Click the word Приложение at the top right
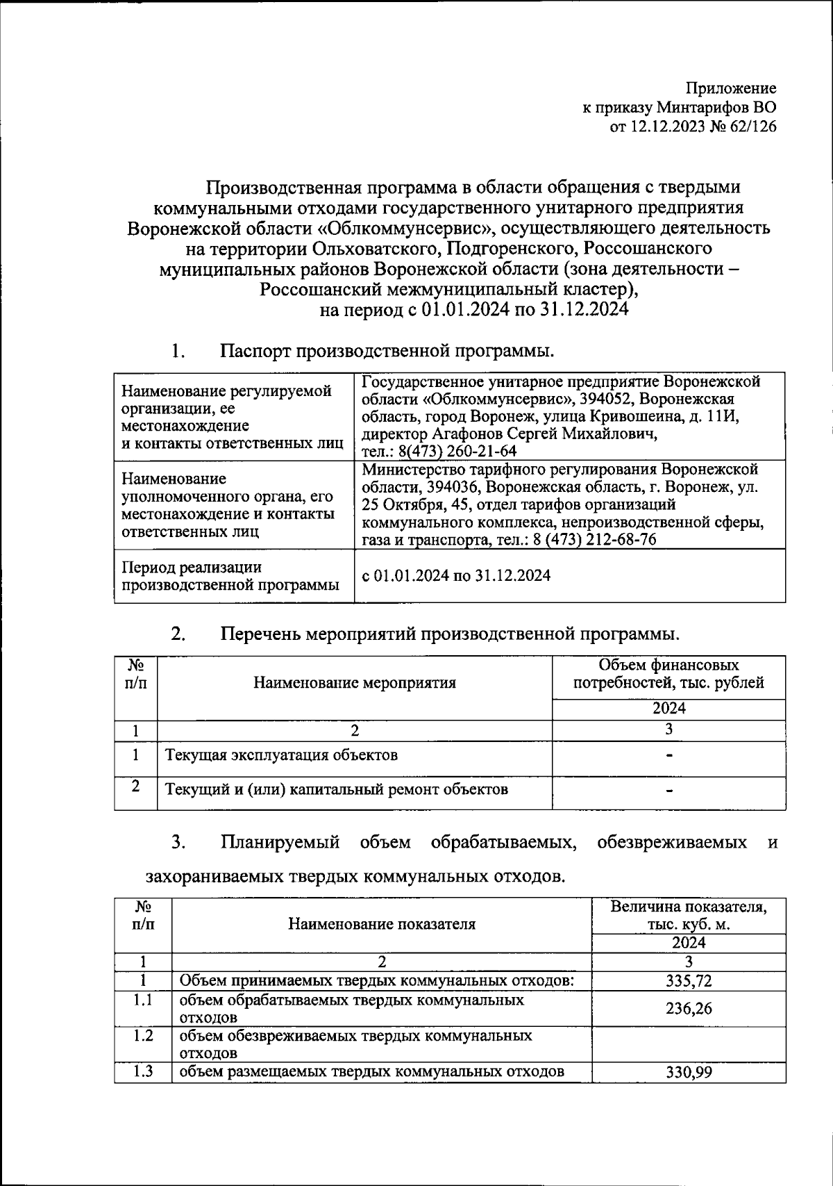731,88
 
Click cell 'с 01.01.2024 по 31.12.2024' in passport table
456,575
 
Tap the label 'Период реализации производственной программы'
230,576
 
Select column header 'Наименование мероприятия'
354,682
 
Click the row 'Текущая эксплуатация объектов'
281,755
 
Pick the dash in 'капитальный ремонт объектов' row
669,790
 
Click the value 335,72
689,981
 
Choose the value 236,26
689,1008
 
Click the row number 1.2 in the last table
143,1036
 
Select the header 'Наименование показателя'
381,923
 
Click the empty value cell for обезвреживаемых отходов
689,1044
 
